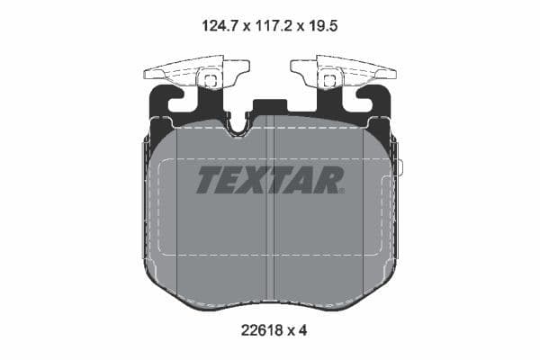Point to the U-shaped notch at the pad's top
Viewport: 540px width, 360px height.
[238, 126]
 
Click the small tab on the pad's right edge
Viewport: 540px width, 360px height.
[400, 167]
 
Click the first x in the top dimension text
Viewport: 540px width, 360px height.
[243, 28]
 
